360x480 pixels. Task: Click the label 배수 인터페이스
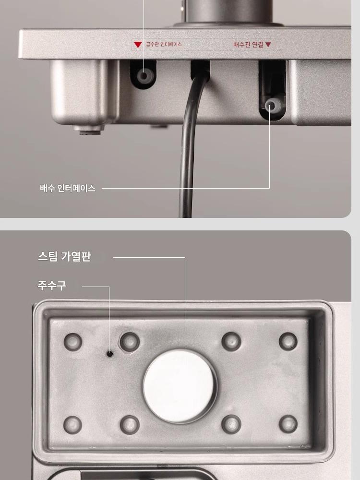pos(68,188)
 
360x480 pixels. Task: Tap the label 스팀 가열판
pos(64,256)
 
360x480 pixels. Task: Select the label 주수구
pos(52,285)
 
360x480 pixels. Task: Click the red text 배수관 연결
pos(248,45)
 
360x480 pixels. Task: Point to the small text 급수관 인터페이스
pos(164,44)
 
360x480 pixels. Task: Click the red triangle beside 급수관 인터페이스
pos(138,45)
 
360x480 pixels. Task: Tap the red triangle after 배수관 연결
pos(268,45)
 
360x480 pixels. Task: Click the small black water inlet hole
pos(109,354)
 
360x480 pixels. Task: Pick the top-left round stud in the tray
pos(73,342)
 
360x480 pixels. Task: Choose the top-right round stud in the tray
pos(288,341)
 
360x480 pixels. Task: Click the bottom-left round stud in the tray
pos(72,425)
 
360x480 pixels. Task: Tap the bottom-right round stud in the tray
pos(288,424)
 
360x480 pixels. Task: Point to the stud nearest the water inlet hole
pos(130,342)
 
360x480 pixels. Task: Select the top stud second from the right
pos(231,341)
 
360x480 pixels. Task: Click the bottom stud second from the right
pos(231,424)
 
